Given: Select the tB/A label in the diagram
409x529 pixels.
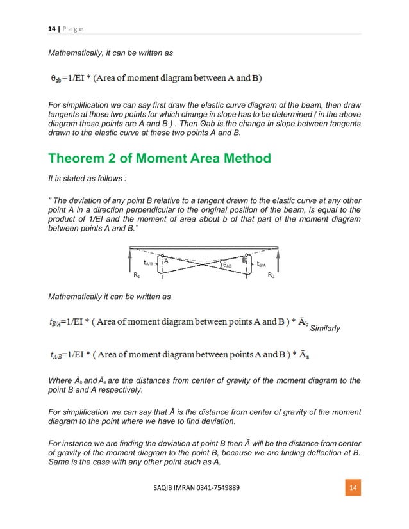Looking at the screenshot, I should (262, 263).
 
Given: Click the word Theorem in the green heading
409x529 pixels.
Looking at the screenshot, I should (81, 158).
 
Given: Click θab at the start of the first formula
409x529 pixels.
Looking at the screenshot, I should (60, 79).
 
